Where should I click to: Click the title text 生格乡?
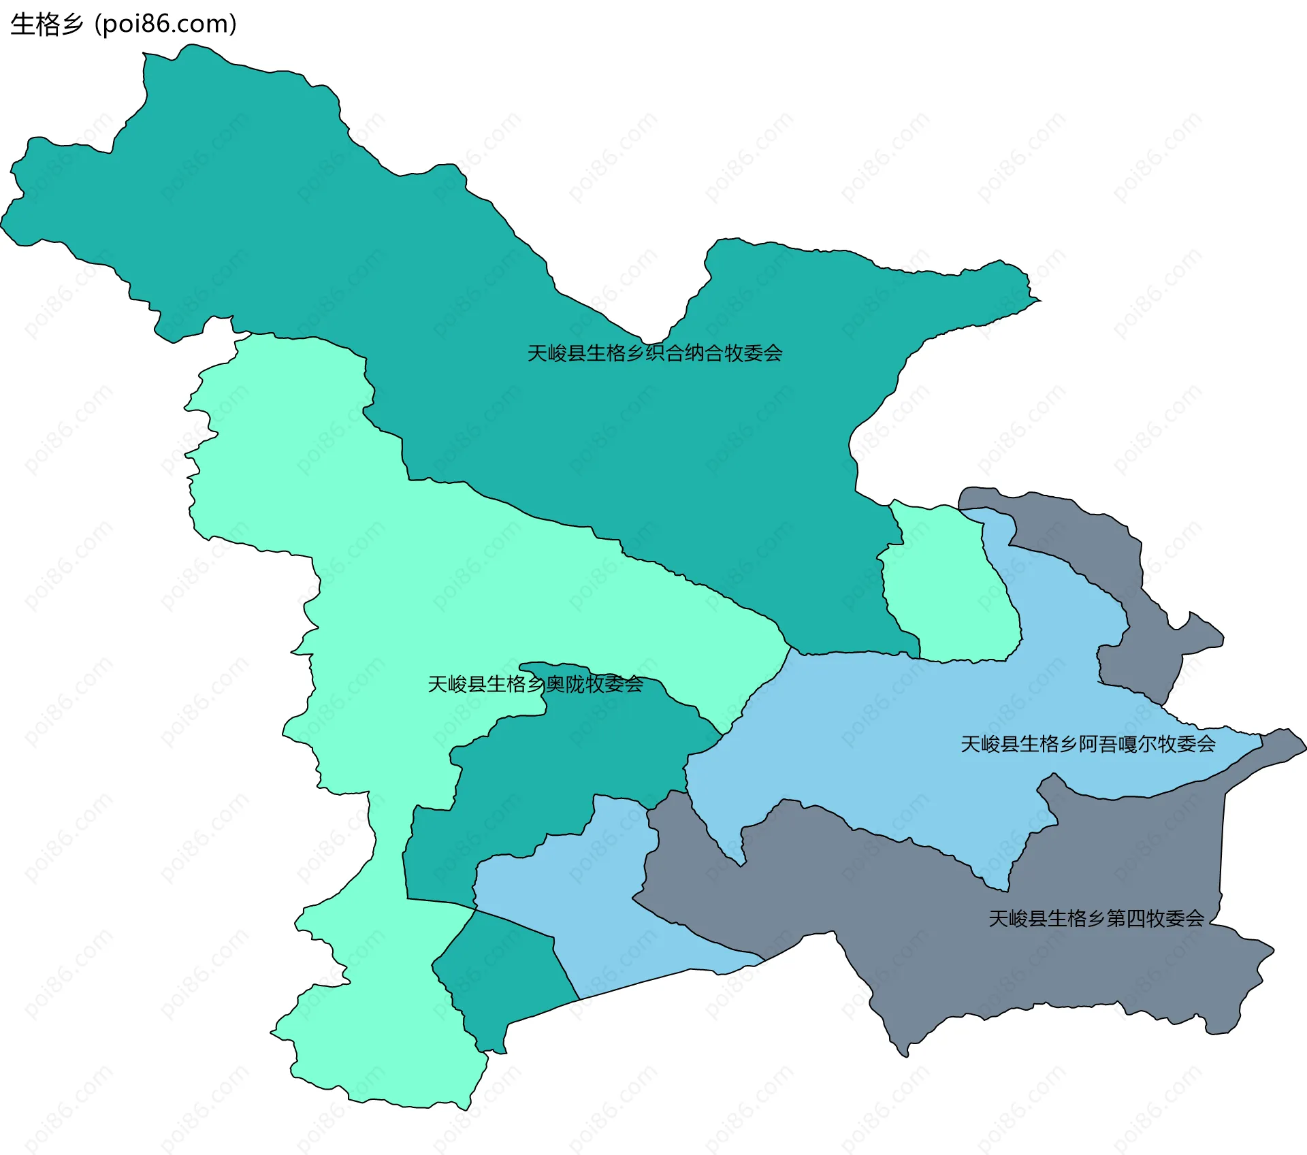46,25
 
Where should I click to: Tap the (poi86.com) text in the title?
165,25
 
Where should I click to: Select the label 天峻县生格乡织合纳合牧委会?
655,353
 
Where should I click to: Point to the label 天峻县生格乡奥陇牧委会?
535,684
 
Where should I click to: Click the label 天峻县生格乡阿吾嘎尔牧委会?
1088,744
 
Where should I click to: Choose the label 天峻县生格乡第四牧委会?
1096,919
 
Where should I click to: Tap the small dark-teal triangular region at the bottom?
504,973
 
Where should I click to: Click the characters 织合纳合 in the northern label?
684,353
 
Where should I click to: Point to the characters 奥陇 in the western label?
565,684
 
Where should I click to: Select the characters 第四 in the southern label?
1126,919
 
